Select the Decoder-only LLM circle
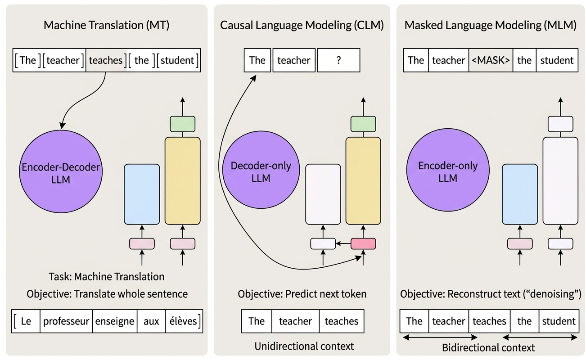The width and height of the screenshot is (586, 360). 261,172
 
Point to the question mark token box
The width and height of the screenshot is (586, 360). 338,60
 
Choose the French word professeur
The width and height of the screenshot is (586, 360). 66,321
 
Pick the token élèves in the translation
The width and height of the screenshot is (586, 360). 184,321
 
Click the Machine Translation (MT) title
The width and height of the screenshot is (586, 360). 106,25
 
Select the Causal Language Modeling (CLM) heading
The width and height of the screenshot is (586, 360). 302,25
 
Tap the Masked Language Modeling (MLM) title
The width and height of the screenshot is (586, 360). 490,25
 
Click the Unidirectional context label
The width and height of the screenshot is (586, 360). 304,346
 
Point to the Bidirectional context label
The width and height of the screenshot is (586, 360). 488,347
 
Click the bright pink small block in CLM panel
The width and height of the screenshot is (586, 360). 363,243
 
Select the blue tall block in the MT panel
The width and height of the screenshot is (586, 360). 142,194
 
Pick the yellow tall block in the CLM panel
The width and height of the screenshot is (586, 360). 363,181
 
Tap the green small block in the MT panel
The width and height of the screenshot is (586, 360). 182,124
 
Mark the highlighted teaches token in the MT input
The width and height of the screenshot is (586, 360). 106,60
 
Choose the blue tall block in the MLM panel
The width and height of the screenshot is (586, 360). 520,194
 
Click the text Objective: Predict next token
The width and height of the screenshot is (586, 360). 302,294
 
